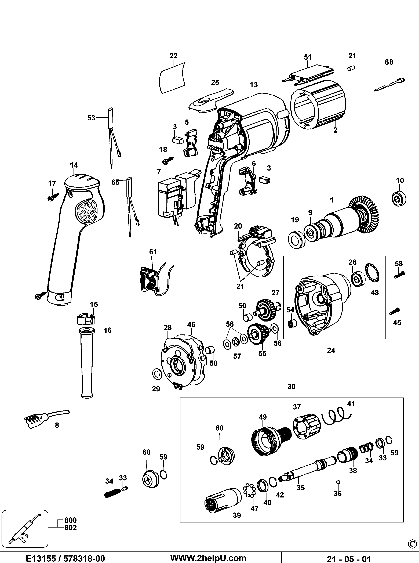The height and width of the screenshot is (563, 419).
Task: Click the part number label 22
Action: (173, 56)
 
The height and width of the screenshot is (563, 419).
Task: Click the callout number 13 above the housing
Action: (253, 85)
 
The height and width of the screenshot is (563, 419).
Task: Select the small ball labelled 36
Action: (338, 482)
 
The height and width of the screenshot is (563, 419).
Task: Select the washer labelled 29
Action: (156, 374)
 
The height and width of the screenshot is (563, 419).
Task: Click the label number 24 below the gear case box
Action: (331, 350)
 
